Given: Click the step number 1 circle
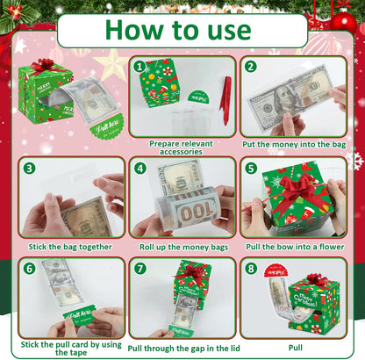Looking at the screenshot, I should pyautogui.click(x=139, y=66).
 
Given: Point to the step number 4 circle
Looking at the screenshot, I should pyautogui.click(x=139, y=168).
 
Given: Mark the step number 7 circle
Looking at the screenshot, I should pyautogui.click(x=139, y=269).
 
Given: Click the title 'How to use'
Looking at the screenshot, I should pyautogui.click(x=182, y=30).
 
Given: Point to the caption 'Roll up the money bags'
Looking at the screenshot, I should pyautogui.click(x=182, y=247).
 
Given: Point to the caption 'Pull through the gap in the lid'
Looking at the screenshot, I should pyautogui.click(x=182, y=348).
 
